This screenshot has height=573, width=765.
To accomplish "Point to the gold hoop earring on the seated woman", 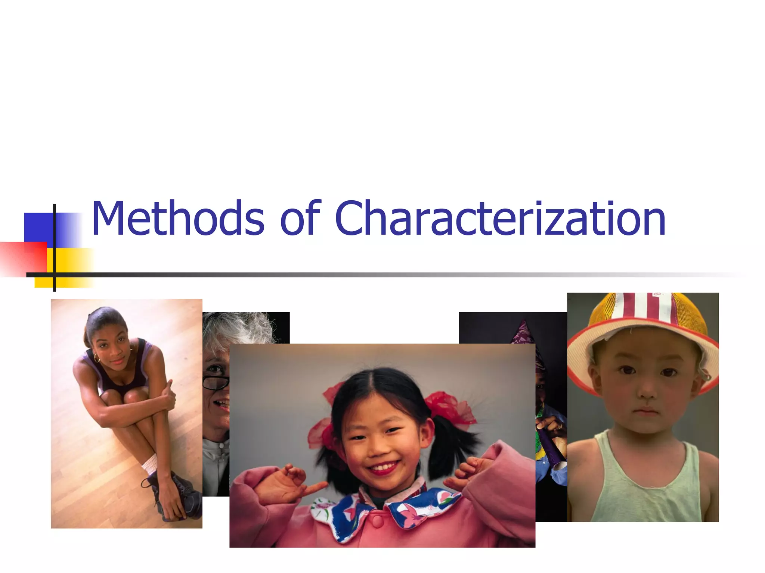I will (x=97, y=359).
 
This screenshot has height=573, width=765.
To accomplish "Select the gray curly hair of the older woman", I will (x=239, y=328).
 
